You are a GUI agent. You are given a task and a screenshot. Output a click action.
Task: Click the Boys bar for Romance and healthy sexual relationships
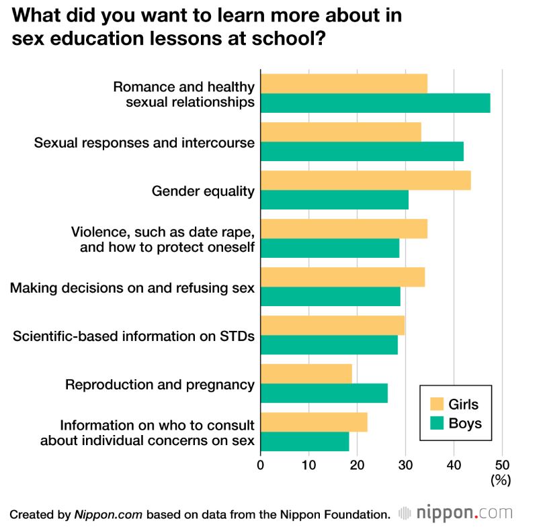pos(375,103)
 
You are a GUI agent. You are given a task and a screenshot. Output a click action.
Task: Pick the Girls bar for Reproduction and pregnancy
pos(306,373)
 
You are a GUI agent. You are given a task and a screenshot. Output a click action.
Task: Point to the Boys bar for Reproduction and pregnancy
pos(324,393)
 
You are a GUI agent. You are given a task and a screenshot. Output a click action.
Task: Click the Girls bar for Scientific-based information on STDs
pos(332,325)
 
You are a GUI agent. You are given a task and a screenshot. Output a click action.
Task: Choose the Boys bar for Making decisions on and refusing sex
pos(330,296)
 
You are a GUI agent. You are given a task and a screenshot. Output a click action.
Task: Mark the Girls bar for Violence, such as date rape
pos(343,229)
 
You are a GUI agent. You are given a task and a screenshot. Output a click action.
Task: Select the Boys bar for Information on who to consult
pos(304,441)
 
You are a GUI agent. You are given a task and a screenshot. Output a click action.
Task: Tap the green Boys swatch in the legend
pos(438,424)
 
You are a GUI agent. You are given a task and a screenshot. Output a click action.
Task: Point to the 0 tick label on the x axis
pos(261,464)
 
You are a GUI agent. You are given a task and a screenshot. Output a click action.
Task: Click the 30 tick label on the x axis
pos(405,464)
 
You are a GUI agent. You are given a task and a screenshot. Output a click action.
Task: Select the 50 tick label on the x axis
pos(502,464)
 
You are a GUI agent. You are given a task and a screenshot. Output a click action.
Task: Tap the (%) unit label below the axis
pos(501,479)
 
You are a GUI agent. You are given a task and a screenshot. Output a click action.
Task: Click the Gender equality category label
pos(204,191)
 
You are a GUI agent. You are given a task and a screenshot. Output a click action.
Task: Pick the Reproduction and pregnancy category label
pos(160,385)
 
